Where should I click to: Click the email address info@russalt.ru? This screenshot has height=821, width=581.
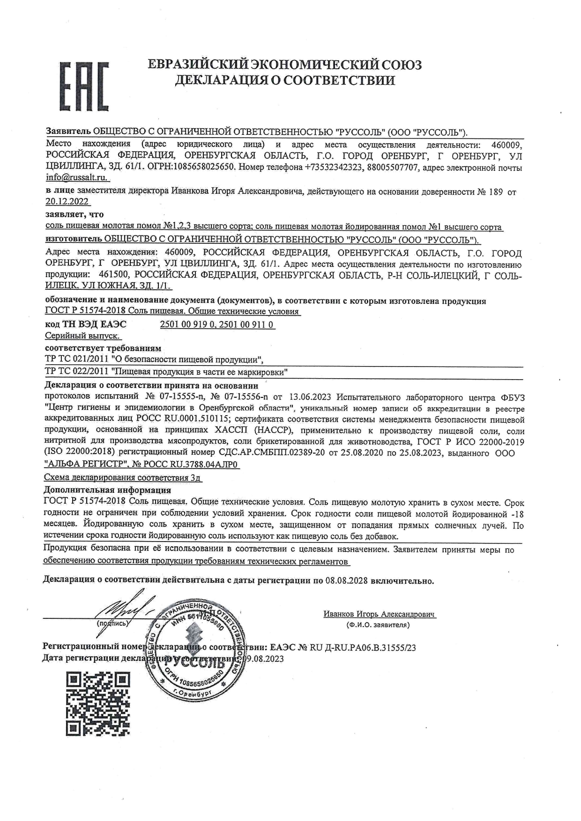76,178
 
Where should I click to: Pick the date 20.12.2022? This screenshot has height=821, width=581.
67,202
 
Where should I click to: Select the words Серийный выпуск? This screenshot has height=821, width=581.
82,336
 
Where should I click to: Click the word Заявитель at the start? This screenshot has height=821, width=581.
68,132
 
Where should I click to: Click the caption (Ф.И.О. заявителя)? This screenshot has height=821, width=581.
378,624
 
